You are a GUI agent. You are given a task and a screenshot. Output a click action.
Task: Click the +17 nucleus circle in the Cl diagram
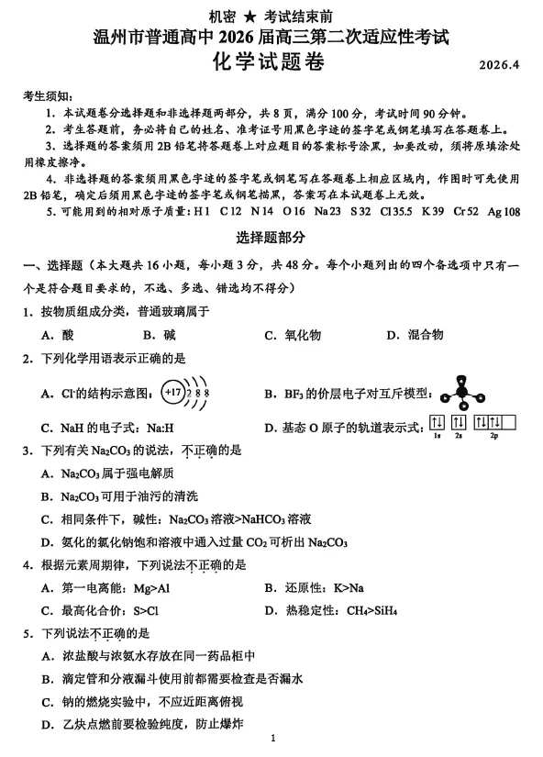172,393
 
